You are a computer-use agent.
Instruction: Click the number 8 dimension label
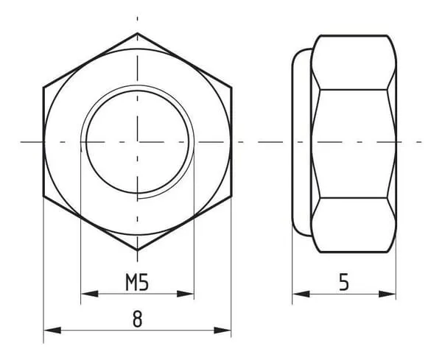pyautogui.click(x=137, y=319)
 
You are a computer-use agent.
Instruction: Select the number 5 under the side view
pyautogui.click(x=344, y=282)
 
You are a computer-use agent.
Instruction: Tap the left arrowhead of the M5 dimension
pyautogui.click(x=89, y=294)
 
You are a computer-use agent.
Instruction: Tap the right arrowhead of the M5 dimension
pyautogui.click(x=185, y=294)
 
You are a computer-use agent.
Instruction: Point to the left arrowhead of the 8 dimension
pyautogui.click(x=52, y=330)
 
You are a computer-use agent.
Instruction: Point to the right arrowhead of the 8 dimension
pyautogui.click(x=222, y=330)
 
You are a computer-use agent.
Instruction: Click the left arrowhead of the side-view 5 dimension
pyautogui.click(x=301, y=294)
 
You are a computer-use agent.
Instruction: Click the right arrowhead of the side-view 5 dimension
pyautogui.click(x=387, y=294)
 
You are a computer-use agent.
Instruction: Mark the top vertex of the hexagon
pyautogui.click(x=137, y=33)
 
